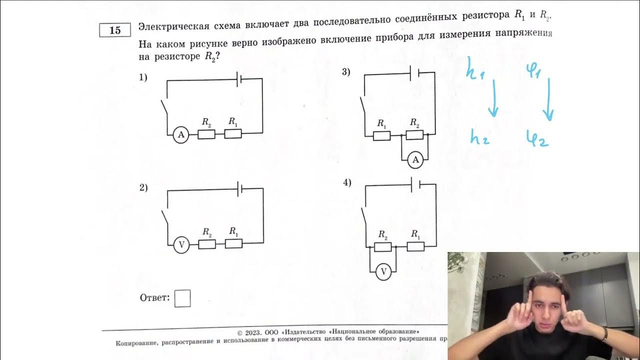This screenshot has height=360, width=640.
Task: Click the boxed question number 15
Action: tap(115, 30)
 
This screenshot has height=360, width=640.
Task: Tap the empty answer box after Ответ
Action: tap(182, 298)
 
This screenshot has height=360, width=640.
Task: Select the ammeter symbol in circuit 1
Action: tap(181, 134)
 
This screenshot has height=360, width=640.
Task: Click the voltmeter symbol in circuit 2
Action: tap(181, 244)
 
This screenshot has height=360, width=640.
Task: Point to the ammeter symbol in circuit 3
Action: tap(415, 160)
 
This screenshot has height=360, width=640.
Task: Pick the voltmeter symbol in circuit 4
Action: tap(383, 271)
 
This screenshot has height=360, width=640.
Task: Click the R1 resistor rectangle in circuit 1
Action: tap(233, 134)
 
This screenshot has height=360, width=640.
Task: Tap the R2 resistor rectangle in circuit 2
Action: tap(207, 244)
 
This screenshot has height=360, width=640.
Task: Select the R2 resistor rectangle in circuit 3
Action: tap(414, 135)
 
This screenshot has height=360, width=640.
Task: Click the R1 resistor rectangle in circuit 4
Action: tap(415, 246)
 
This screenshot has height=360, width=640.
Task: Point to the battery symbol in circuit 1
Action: tap(240, 78)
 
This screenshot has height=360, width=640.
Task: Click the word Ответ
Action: tap(154, 298)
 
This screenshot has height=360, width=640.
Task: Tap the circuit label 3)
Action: tap(346, 72)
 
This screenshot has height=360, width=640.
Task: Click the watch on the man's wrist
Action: tap(604, 333)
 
